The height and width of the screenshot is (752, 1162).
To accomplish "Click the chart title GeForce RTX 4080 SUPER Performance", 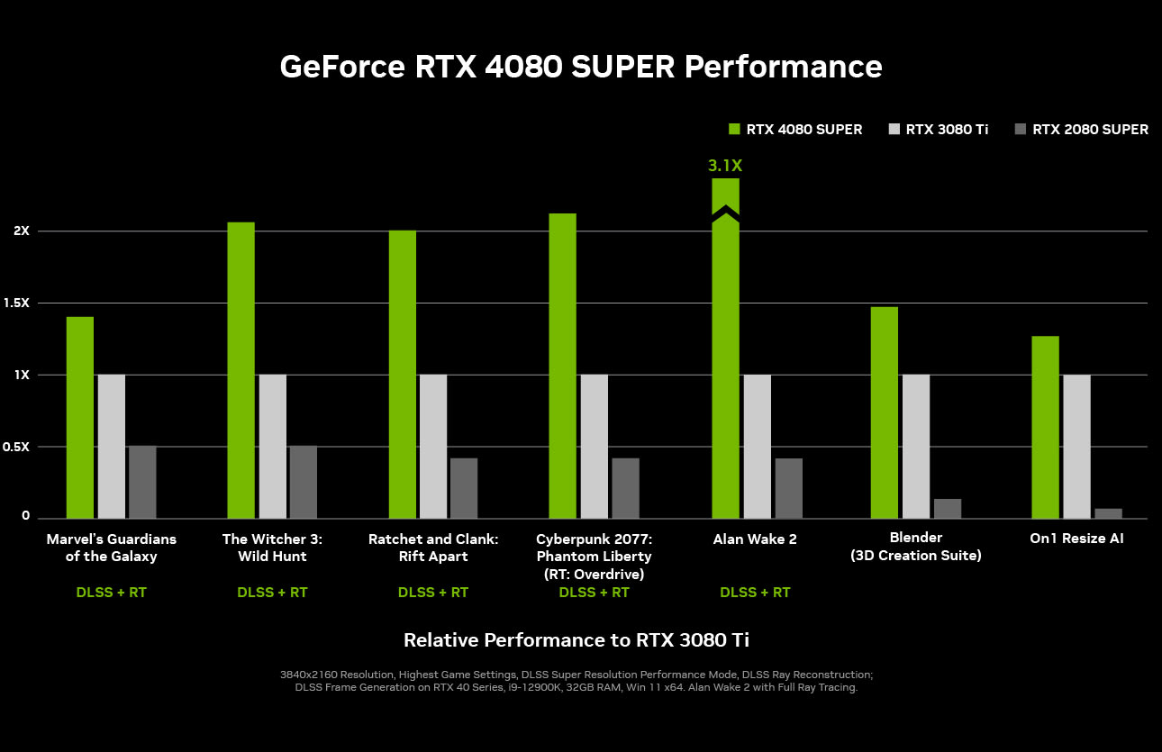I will pos(581,67).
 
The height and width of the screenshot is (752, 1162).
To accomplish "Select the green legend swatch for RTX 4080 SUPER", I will pos(734,129).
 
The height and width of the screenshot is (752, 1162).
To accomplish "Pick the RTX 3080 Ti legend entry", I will pos(937,129).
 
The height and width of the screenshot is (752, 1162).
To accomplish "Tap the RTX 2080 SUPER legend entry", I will pos(1081,129).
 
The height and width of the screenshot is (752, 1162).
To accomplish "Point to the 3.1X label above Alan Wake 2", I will pos(725,166).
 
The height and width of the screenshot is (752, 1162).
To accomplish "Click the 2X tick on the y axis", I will pos(22,231).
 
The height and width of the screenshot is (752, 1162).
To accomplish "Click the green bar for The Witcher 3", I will pos(241,369).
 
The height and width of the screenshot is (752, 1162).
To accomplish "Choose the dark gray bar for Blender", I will pos(948,508).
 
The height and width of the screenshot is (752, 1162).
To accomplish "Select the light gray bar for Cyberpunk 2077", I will pos(595,446).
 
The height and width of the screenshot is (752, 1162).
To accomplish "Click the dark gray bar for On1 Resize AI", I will pos(1109,513).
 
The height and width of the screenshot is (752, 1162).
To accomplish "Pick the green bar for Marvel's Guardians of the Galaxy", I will pos(80,417).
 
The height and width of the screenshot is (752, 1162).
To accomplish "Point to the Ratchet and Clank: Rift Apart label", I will pos(433,548).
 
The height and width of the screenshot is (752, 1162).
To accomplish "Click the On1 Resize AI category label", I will pos(1076,539).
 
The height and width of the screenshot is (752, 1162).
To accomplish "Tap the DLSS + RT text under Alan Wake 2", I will pos(755,593).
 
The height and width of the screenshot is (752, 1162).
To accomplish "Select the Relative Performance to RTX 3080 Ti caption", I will pos(576,640).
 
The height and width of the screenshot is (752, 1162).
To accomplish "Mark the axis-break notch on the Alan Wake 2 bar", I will pos(725,214).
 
